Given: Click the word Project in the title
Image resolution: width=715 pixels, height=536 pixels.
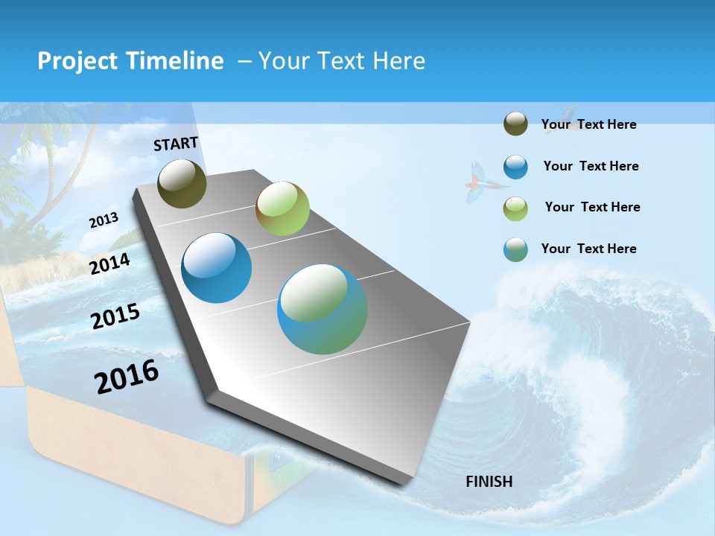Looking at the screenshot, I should [74, 61].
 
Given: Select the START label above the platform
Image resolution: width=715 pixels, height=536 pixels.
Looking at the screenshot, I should [176, 144].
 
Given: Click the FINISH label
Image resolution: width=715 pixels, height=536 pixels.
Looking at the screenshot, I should [489, 482].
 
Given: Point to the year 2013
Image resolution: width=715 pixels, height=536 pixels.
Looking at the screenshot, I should [104, 220].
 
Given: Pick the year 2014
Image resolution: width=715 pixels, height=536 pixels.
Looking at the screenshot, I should [110, 264].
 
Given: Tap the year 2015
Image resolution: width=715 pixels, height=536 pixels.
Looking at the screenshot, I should [115, 316].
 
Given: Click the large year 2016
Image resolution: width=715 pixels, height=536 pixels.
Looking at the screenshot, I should [127, 377].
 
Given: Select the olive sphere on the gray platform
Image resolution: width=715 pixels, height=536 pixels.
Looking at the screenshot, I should [182, 183].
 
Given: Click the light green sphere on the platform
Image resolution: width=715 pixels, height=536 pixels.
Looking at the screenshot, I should [282, 208].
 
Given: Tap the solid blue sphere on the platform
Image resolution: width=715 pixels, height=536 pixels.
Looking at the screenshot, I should [216, 268].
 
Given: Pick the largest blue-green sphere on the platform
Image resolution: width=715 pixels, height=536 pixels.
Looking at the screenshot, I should [322, 309].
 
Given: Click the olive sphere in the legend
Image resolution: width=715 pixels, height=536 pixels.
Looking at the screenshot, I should [515, 124].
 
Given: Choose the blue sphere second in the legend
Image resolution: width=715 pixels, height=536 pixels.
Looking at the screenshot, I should [515, 166].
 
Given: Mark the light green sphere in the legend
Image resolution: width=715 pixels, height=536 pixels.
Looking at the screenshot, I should [515, 208].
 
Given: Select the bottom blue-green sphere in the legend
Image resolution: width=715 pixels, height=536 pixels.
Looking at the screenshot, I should [515, 249].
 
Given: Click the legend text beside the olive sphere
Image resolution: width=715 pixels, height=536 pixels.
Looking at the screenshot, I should [588, 124].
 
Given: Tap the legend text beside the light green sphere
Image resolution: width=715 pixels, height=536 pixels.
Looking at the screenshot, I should [592, 207].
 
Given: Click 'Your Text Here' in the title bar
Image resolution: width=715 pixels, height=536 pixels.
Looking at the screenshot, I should [341, 61].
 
